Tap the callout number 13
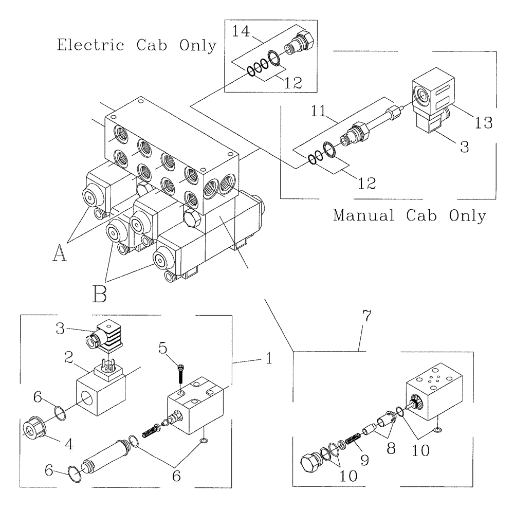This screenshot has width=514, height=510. click(x=484, y=122)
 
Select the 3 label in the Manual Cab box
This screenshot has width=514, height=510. click(x=464, y=147)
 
